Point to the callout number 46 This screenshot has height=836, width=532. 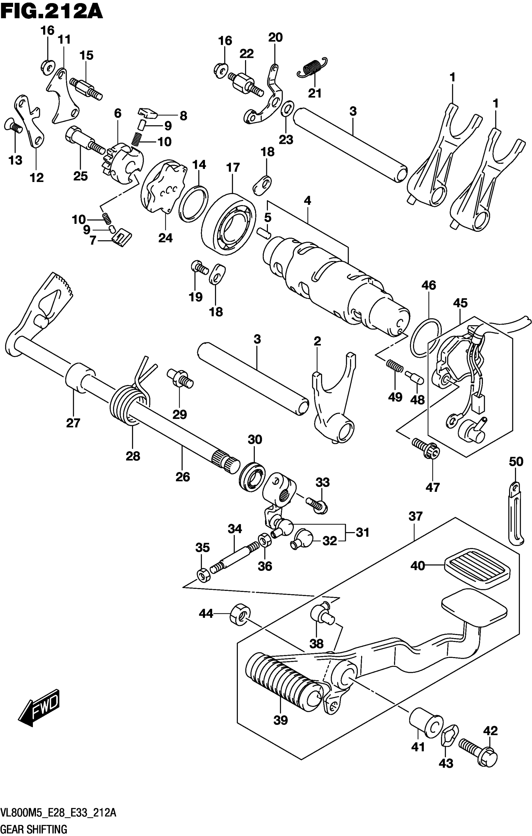point(428,285)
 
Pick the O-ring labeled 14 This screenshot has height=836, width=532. point(193,204)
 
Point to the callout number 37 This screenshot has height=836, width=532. point(415,516)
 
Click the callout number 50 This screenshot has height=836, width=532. point(516,462)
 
